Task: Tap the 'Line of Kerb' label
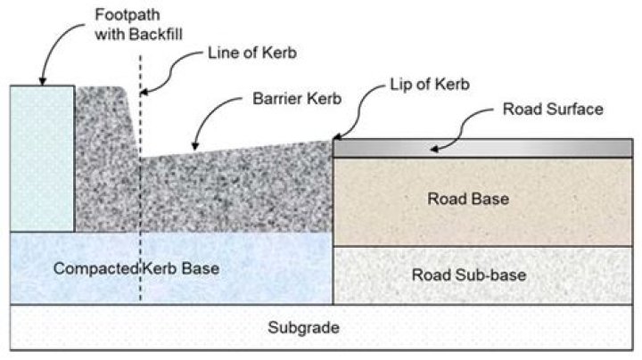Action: click(x=252, y=53)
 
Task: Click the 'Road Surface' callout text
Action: click(x=554, y=110)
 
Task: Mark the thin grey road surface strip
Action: click(x=535, y=148)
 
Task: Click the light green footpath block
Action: click(x=41, y=156)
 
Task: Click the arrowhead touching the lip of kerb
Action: click(x=335, y=137)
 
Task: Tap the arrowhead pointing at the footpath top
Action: click(x=41, y=84)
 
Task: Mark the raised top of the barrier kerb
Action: click(x=105, y=92)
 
